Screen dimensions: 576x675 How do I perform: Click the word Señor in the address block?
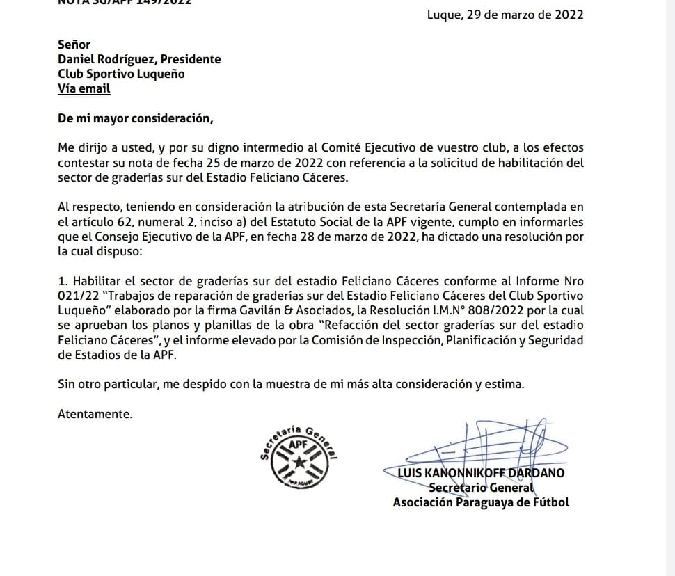[74, 45]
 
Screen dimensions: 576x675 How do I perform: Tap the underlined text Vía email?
[84, 88]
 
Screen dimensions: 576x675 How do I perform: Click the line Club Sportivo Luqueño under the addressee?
[121, 74]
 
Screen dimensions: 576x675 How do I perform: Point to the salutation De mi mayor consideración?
[135, 118]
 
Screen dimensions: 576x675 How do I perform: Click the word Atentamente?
[95, 414]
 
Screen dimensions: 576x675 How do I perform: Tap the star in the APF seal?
[298, 462]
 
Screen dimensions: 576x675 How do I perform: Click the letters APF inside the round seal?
[298, 443]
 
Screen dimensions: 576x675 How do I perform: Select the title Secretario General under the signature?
[481, 488]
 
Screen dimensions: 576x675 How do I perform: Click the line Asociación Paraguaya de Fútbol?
[481, 502]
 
